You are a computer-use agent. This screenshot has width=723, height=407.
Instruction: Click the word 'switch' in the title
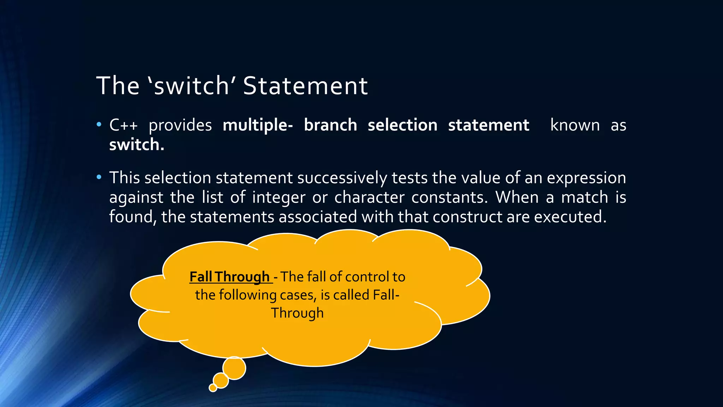pos(192,86)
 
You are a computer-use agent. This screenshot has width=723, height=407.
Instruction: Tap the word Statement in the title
pos(305,86)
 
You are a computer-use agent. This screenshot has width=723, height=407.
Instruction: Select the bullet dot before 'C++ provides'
pos(99,124)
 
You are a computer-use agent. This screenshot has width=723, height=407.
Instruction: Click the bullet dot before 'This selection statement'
pos(99,177)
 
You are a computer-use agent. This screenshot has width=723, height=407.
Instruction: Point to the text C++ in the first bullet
pos(123,125)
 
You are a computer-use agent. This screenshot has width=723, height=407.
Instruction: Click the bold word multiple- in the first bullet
pos(258,125)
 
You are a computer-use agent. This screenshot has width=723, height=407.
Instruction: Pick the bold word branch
pos(330,125)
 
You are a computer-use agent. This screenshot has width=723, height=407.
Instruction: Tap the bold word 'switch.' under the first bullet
pos(137,144)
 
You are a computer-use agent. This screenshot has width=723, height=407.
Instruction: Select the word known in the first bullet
pos(575,125)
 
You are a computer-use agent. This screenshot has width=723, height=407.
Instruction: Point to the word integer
pos(279,197)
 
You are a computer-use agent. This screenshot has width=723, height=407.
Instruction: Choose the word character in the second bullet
pos(369,197)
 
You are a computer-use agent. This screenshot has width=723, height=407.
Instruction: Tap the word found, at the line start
pos(133,217)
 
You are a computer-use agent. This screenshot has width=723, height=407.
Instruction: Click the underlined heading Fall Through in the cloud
pos(230,277)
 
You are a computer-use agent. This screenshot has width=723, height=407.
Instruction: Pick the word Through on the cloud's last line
pos(297,313)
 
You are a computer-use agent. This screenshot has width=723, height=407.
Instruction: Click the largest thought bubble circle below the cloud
pos(234,368)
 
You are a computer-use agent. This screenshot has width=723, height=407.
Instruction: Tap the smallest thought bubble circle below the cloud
pos(213,388)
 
